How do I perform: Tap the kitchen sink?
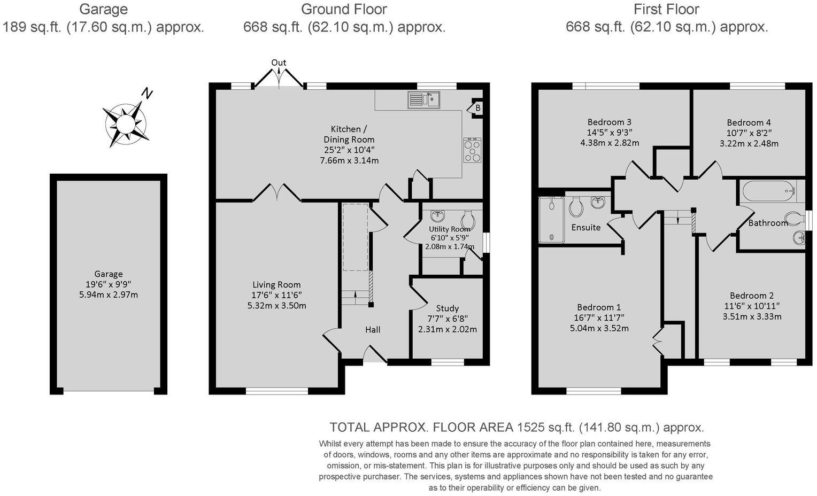423,99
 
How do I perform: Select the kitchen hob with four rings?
472,150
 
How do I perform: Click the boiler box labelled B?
477,108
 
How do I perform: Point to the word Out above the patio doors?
279,63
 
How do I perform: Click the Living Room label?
276,285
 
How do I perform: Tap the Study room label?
447,308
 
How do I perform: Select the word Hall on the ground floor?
373,329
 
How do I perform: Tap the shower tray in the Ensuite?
551,220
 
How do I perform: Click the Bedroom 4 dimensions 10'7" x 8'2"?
749,133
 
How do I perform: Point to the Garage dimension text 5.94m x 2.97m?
108,294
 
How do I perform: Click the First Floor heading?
666,9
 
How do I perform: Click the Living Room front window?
277,391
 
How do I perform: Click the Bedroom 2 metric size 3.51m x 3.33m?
752,316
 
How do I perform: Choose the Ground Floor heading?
344,9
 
